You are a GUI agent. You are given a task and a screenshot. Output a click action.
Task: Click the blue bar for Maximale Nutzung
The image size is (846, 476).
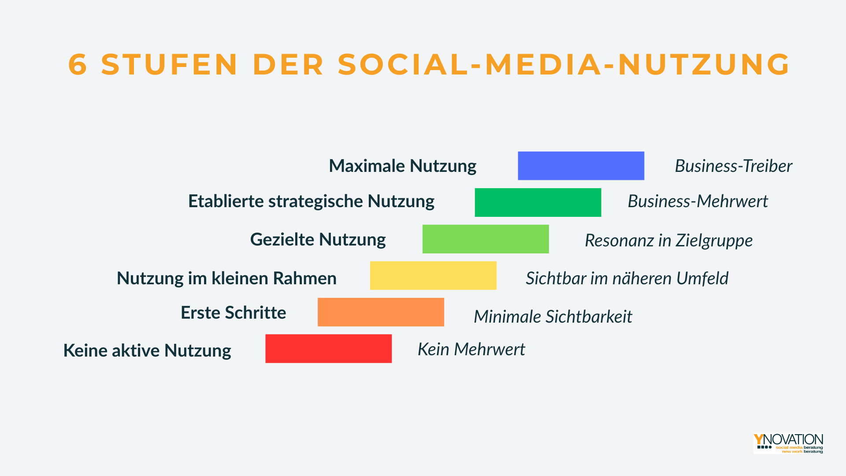(581, 166)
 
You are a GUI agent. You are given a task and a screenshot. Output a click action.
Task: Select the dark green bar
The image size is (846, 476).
(538, 202)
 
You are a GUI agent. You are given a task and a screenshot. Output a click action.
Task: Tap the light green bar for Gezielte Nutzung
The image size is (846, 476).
(486, 239)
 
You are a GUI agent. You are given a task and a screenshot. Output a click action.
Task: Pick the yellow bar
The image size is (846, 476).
(433, 275)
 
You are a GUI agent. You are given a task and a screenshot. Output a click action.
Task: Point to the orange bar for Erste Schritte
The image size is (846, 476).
(381, 312)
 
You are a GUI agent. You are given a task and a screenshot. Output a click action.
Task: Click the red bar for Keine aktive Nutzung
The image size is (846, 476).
(328, 349)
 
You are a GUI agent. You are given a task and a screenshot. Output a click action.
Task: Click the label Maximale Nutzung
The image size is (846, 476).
(402, 166)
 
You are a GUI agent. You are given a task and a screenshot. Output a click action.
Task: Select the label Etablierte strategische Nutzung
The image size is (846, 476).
(311, 201)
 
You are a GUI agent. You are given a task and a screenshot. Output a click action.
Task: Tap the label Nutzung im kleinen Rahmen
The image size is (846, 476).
(226, 279)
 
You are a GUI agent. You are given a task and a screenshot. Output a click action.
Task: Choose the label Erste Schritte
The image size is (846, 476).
(233, 313)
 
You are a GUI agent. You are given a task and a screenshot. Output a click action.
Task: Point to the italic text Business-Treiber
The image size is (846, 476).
(733, 166)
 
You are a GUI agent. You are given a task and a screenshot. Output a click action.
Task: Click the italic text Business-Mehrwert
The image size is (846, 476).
(698, 201)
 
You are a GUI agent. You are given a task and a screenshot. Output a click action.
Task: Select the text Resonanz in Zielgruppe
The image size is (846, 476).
(668, 241)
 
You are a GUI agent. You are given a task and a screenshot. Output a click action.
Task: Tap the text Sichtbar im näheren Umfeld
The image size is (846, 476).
(627, 279)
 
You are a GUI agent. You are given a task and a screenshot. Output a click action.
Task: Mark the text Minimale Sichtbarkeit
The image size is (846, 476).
(553, 317)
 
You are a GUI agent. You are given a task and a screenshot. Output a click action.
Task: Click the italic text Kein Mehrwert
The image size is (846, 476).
(471, 350)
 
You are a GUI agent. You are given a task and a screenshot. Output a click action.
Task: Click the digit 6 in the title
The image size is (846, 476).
(78, 64)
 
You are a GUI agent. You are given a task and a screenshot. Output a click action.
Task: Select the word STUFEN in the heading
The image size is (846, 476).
(170, 64)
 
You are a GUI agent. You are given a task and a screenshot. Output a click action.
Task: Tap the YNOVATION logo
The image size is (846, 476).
(788, 443)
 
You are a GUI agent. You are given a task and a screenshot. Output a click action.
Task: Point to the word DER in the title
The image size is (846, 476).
(288, 64)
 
